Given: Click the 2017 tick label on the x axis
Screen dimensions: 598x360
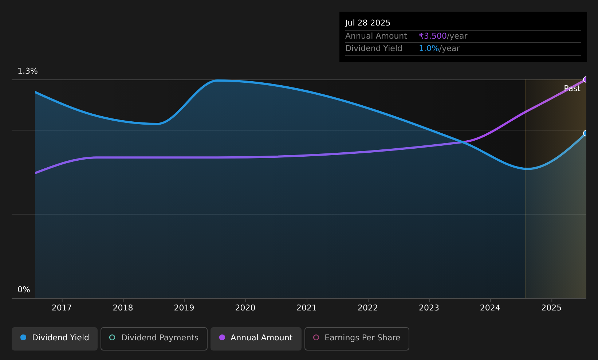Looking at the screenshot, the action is (x=62, y=308).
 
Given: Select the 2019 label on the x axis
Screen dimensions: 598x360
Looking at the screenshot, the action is (x=184, y=308).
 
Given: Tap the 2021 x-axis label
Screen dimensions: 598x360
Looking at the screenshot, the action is (x=307, y=308).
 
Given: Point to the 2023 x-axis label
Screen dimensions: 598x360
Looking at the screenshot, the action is (x=429, y=308).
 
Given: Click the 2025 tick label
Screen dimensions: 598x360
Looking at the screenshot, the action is (x=551, y=308).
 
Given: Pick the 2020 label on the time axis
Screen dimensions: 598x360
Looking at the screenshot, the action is (x=245, y=308).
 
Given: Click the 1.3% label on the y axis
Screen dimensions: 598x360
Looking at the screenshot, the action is (x=28, y=71).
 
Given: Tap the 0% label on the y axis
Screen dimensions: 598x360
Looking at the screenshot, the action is (x=24, y=290).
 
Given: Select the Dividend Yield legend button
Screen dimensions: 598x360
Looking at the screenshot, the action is (x=55, y=339).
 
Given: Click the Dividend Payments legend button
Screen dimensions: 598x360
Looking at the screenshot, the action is (x=154, y=339).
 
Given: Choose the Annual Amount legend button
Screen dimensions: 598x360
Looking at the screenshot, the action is (x=256, y=339).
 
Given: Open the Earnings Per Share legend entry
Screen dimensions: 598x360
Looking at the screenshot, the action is (x=357, y=339).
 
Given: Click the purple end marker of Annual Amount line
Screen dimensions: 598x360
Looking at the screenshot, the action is (x=586, y=79).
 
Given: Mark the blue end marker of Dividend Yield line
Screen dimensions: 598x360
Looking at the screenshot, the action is (x=586, y=133).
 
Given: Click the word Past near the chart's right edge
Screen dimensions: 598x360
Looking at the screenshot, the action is (x=572, y=89).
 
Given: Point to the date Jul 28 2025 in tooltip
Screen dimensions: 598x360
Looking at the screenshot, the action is (x=367, y=23).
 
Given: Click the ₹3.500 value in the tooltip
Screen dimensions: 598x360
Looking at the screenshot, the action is (x=433, y=36).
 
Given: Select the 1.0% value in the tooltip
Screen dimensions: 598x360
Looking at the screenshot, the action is (x=429, y=48).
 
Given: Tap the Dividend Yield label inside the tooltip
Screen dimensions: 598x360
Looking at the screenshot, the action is (x=374, y=48).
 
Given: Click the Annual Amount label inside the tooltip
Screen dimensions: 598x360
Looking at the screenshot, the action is (x=376, y=36).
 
